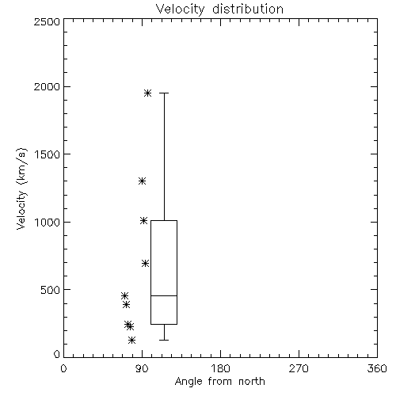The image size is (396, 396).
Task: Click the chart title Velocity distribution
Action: pos(219,9)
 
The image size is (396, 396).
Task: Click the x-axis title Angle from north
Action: pos(219,382)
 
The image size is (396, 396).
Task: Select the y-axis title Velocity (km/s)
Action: pos(21,188)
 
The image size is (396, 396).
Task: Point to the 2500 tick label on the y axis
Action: pos(47,21)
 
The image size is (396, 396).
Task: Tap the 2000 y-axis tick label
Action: pos(47,86)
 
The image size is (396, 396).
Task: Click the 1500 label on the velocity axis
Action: pos(48,154)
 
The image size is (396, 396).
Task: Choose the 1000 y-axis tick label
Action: pos(48,222)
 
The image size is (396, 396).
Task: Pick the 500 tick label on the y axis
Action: pos(51,290)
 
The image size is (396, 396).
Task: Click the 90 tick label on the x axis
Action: pos(142,368)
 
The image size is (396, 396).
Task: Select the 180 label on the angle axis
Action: pos(220,368)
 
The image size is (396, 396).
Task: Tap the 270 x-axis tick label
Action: pos(299,368)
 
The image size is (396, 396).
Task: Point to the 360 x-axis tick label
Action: pos(377,368)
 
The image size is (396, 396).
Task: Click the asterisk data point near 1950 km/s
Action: pos(147,93)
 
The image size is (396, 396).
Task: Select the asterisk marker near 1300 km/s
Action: pos(143,181)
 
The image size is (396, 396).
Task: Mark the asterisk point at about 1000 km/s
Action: pos(143,220)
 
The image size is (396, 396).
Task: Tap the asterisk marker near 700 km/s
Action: pos(145,263)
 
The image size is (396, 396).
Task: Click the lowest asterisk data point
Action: pos(132,340)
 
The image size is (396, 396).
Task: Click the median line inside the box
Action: pos(164,295)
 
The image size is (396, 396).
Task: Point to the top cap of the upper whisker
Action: pos(164,93)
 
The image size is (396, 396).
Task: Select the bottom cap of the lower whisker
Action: pos(164,340)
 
